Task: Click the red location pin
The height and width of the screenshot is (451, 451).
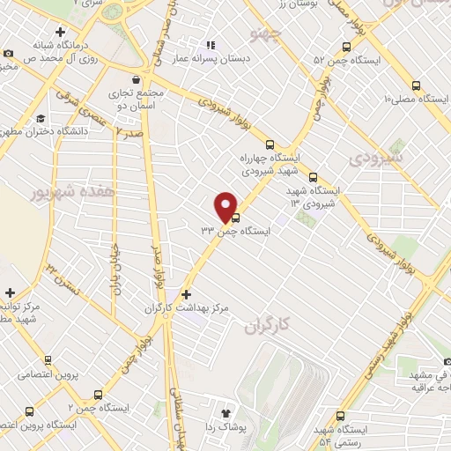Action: point(226,206)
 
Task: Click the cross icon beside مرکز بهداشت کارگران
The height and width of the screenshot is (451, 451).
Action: point(185,294)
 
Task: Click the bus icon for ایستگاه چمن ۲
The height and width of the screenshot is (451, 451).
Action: point(97,395)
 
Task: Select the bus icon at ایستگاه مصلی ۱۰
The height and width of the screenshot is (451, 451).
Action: point(417,85)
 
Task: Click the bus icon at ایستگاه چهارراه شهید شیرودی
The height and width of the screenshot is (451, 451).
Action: point(270,145)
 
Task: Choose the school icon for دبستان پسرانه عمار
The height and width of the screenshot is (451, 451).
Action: point(210,45)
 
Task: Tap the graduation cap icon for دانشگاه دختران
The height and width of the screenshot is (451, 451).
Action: point(41,118)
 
